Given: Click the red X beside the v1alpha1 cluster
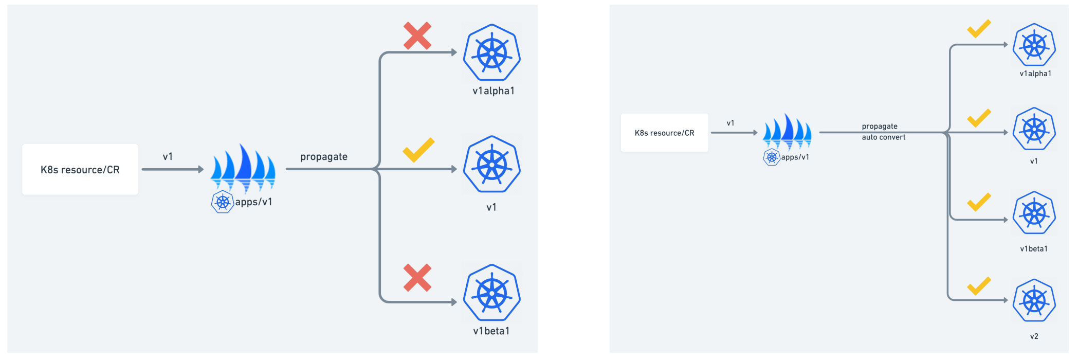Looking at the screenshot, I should (x=417, y=35).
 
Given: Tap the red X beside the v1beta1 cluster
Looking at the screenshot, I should (x=417, y=278).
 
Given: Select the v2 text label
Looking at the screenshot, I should (x=1034, y=336).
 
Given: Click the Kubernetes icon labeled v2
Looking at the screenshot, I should (x=1034, y=300).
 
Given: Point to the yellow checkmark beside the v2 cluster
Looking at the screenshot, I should (x=979, y=286).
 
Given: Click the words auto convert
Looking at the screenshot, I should (x=884, y=137).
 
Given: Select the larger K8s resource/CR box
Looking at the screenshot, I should (x=80, y=169).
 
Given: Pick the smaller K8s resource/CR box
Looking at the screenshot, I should (x=664, y=133).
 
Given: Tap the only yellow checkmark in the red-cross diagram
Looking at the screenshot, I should (x=418, y=150).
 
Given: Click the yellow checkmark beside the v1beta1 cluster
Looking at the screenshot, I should (x=979, y=202).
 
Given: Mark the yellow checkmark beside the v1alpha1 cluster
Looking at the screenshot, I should (x=979, y=29).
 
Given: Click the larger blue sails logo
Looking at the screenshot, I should (x=243, y=167).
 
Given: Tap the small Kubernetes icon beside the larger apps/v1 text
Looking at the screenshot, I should (x=223, y=202).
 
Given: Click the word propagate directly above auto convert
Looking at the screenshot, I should (x=880, y=127).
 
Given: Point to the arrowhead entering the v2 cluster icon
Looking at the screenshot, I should (x=1006, y=300).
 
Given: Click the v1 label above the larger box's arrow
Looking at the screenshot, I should (x=168, y=157).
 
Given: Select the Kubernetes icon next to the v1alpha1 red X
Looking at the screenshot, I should (x=492, y=52).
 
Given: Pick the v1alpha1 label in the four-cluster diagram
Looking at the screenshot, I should (x=1035, y=74).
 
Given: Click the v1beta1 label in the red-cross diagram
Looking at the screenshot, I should (x=491, y=331).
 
